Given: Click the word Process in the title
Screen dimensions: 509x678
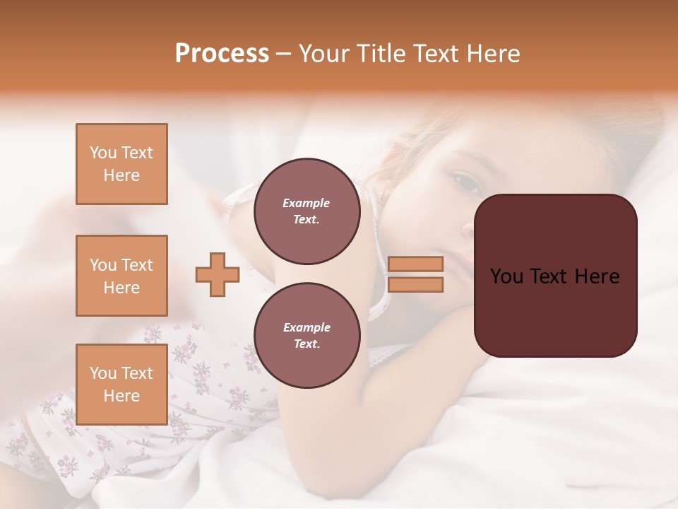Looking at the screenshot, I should click(x=222, y=54).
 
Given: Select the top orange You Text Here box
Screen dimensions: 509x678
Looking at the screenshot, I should click(x=121, y=164).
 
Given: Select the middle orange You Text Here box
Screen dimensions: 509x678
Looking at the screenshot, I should click(x=121, y=276).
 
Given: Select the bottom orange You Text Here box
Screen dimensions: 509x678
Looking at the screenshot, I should click(x=121, y=385).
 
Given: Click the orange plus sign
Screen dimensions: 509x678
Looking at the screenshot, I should click(x=218, y=274).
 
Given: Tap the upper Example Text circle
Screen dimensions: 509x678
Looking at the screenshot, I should click(x=307, y=211).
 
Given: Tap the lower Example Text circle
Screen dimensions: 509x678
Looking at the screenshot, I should click(x=307, y=336).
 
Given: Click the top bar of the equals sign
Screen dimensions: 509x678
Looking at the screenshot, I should click(x=415, y=264).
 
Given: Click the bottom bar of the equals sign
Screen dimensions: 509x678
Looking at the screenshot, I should click(x=415, y=284).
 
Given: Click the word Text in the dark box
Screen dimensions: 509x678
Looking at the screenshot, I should click(x=552, y=276).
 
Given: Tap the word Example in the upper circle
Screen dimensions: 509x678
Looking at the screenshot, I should click(x=306, y=204).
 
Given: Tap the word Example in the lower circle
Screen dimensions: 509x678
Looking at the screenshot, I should click(x=307, y=328).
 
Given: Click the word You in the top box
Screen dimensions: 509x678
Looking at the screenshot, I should click(x=102, y=153).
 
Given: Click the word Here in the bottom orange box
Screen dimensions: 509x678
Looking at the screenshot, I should click(x=121, y=396).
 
